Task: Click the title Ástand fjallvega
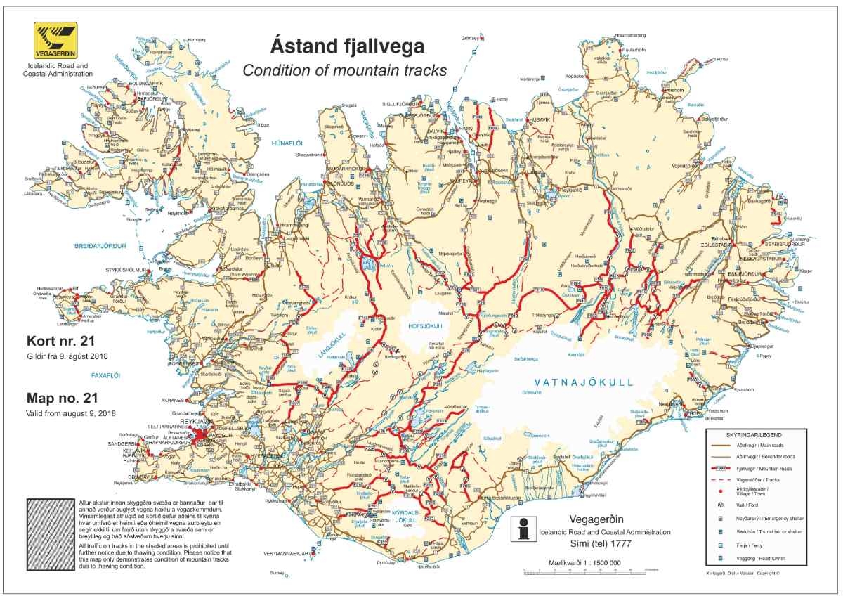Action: pyautogui.click(x=347, y=47)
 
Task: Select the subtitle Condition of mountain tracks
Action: pyautogui.click(x=344, y=70)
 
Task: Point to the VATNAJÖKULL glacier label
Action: pyautogui.click(x=583, y=382)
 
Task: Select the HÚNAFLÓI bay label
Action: pyautogui.click(x=286, y=143)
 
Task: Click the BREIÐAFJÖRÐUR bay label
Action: pyautogui.click(x=100, y=246)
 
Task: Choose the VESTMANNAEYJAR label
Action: pyautogui.click(x=284, y=554)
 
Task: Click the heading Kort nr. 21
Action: pyautogui.click(x=59, y=342)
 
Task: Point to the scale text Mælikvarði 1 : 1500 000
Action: pyautogui.click(x=585, y=564)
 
